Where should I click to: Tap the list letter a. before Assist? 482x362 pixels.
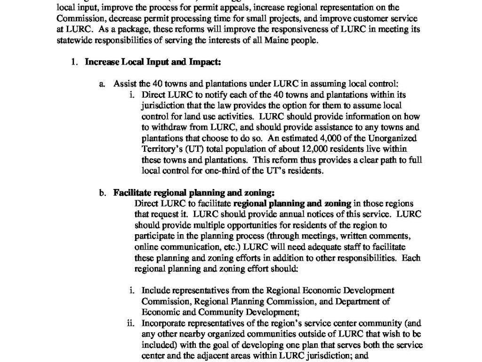102,84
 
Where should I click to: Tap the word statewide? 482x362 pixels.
75,40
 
